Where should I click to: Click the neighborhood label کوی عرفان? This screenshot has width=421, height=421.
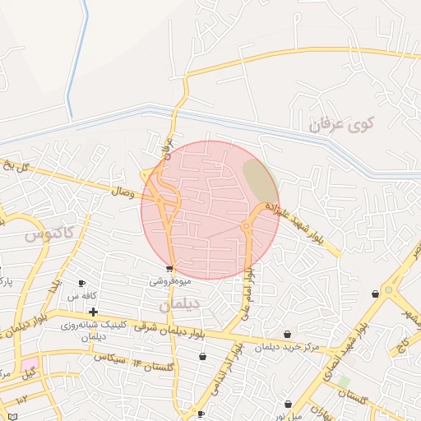click(340, 126)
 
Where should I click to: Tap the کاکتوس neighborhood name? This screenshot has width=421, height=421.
click(49, 234)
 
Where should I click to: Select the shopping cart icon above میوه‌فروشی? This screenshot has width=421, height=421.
click(169, 269)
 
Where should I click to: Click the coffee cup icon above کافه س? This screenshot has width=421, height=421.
click(81, 284)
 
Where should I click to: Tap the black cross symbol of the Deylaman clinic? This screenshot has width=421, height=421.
click(93, 312)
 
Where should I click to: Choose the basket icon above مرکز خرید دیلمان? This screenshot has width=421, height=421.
click(287, 334)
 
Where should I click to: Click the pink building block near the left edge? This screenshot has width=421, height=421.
click(30, 363)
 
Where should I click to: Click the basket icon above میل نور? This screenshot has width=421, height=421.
click(288, 404)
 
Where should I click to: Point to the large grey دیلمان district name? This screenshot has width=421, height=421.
click(174, 303)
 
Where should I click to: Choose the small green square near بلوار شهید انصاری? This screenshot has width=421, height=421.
click(343, 382)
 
